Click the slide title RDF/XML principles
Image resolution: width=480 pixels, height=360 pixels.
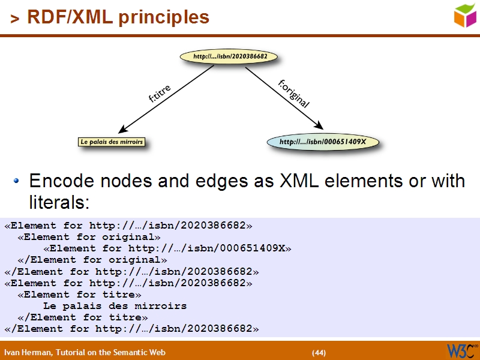118,17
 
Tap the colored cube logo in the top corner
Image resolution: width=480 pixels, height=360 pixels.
464,15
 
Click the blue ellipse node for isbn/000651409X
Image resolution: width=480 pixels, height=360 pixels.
323,142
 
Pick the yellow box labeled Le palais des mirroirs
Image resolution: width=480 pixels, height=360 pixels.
112,142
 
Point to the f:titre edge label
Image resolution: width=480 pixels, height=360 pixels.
160,94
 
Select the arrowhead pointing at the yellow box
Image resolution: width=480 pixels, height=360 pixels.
124,128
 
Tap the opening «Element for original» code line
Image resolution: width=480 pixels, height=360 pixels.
89,237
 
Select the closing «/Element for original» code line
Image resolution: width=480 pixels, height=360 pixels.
92,260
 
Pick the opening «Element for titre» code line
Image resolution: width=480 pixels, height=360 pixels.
79,295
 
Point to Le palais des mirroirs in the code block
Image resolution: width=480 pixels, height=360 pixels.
115,306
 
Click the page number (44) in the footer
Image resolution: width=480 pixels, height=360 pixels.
319,352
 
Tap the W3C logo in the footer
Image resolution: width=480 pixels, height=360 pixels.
461,350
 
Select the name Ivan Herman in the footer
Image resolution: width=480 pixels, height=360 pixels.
26,352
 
